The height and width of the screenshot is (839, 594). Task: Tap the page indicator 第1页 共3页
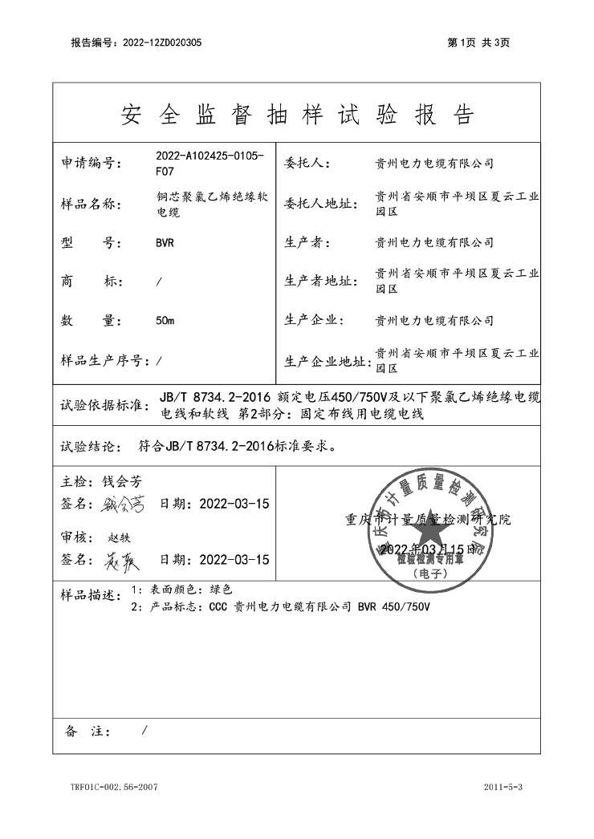[x=478, y=43]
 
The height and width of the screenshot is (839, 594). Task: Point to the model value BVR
[x=165, y=243]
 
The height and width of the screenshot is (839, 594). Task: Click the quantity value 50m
[x=165, y=321]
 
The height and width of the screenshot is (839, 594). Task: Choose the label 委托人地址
[x=320, y=205]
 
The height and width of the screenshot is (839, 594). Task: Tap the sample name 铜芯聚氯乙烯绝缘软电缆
[x=206, y=205]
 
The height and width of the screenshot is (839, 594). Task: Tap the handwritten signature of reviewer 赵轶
[x=122, y=561]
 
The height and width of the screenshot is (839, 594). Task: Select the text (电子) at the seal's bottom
[x=431, y=574]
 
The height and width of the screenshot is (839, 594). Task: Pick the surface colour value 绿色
[x=221, y=590]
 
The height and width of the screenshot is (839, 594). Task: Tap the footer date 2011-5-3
[x=503, y=787]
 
